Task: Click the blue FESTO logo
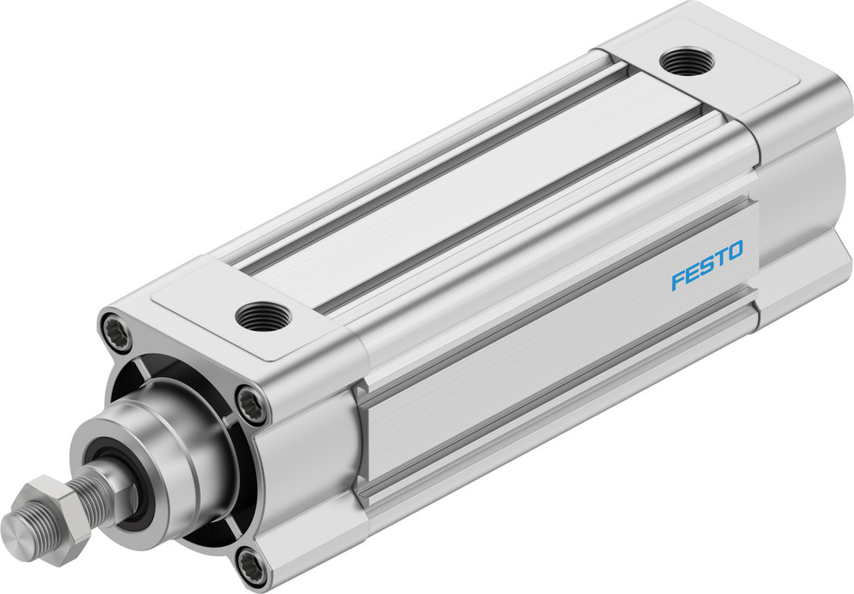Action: [706, 266]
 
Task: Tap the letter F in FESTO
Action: [677, 279]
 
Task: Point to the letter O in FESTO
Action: [734, 251]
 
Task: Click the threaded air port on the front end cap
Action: [262, 316]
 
